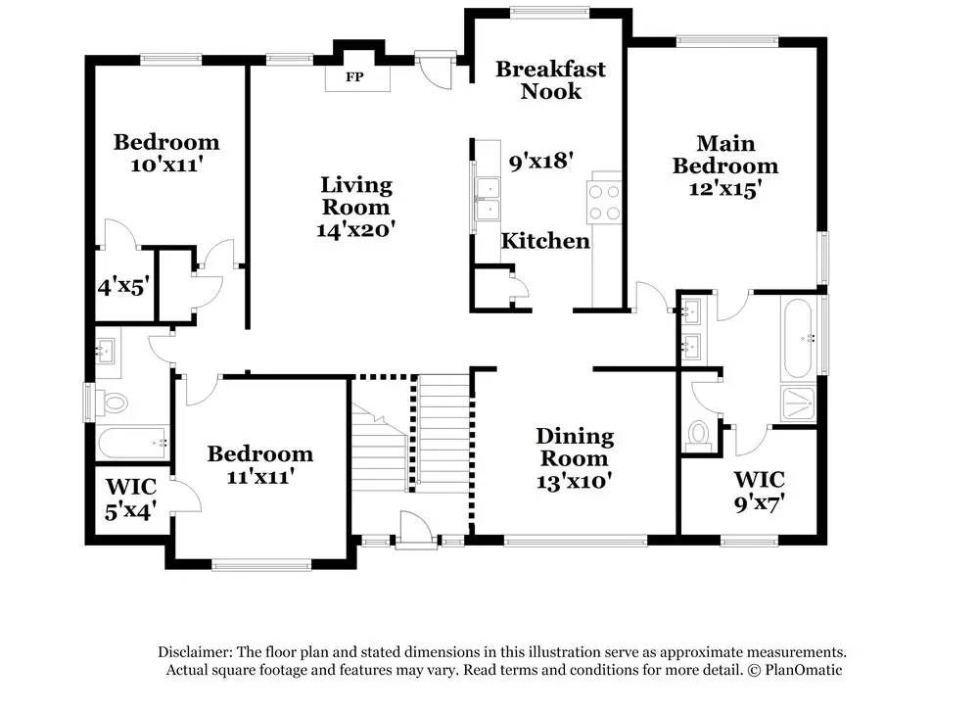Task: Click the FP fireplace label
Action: coord(354,77)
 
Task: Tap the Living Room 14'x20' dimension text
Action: coord(356,230)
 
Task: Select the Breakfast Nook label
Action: coord(550,80)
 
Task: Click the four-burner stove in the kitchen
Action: coord(604,202)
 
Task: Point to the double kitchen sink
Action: coord(488,199)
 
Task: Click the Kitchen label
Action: coord(545,241)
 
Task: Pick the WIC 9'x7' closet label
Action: coord(759,491)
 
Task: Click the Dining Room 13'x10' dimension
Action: coord(574,482)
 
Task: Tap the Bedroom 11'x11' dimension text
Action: coord(259,477)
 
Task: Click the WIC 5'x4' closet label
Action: coord(130,498)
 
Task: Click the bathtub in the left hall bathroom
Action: coord(133,443)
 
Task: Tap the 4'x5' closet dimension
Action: coord(123,287)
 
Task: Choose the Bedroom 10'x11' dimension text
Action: coord(166,166)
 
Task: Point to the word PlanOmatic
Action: coord(804,671)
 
